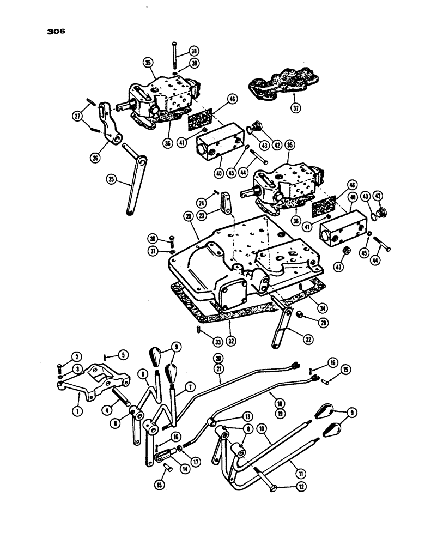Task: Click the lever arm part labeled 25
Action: (133, 185)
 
